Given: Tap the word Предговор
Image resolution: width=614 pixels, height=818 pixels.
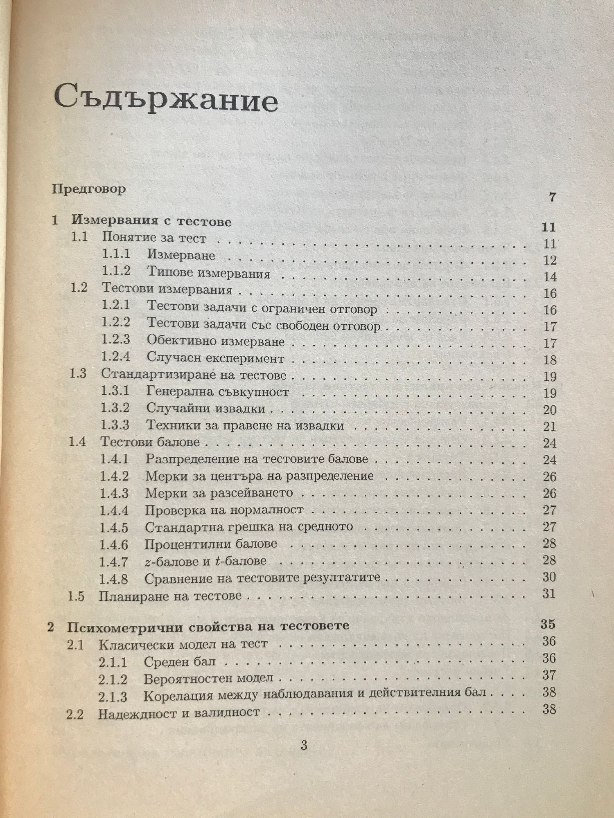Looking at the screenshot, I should pos(89,189).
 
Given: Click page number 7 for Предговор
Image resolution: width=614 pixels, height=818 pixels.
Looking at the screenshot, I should pos(553,197).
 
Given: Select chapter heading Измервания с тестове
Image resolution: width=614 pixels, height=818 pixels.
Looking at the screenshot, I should pos(151,222).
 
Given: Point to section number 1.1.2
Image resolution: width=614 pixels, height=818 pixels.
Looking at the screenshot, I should pos(116,272).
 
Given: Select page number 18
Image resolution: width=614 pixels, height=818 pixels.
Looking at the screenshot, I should pos(550,360).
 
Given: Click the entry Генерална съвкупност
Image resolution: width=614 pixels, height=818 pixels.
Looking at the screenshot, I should pos(218,391).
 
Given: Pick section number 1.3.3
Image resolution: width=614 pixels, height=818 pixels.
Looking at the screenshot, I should pos(115,425).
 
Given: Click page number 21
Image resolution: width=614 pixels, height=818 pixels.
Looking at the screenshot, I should pos(550,427).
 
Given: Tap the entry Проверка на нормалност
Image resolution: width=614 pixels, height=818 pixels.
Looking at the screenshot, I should pos(224,510).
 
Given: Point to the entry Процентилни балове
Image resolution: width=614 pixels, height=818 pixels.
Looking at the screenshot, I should pos(211,544).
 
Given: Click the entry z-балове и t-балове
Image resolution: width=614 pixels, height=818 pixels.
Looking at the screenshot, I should pos(205,561).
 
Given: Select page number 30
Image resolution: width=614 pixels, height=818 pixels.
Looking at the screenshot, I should pos(549,577).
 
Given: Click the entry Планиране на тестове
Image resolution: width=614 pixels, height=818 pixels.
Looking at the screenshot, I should pos(170,596).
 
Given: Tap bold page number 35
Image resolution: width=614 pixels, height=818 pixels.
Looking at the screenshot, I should pos(548,624).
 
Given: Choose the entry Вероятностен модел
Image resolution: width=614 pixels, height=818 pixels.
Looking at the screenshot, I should pos(208,678).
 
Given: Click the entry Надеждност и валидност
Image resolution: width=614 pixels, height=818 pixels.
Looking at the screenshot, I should pos(179,712).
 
